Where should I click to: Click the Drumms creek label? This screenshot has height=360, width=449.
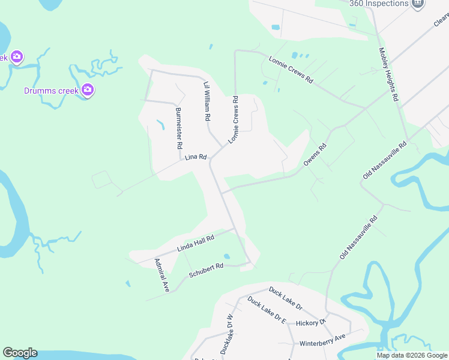click(51, 91)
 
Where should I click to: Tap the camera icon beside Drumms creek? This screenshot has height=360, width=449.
click(88, 90)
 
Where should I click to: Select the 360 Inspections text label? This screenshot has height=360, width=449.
click(379, 3)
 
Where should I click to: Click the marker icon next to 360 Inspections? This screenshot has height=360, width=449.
click(418, 3)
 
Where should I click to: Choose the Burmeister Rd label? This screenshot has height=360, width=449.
click(178, 128)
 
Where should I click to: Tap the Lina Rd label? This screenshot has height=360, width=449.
click(196, 157)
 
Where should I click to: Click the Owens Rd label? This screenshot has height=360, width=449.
click(315, 155)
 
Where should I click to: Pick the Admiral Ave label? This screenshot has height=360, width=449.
click(161, 275)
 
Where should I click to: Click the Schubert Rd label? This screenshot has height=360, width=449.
click(206, 270)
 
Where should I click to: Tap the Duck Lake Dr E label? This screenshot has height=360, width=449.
click(267, 313)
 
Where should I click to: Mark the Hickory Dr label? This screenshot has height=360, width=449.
click(310, 323)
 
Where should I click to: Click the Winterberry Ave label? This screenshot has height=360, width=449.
click(323, 340)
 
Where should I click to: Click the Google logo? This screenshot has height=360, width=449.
click(20, 353)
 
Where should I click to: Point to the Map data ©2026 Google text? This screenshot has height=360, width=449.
click(411, 355)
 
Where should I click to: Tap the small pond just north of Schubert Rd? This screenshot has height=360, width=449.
click(226, 256)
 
